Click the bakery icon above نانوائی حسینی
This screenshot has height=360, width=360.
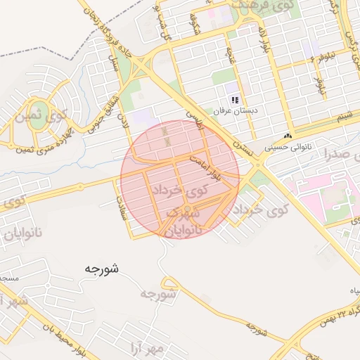287,136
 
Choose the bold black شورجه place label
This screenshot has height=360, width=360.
101,268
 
